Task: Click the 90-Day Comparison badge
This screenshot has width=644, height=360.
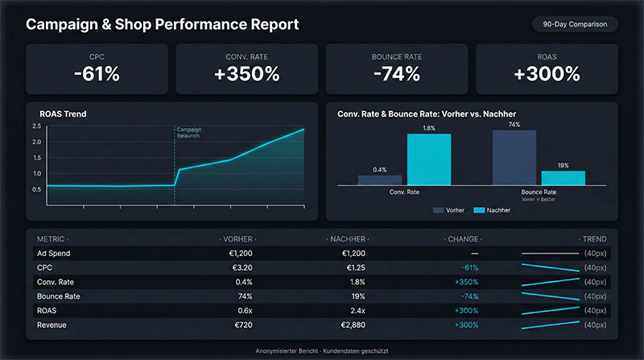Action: (575, 24)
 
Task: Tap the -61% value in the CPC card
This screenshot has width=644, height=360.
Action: (97, 74)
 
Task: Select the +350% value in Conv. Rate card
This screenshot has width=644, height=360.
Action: (246, 74)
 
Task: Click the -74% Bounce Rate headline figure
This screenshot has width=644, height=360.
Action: (395, 74)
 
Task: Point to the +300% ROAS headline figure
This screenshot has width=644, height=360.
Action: (547, 74)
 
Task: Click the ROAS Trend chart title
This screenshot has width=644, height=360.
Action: (63, 114)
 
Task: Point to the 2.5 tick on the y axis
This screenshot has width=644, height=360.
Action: (36, 126)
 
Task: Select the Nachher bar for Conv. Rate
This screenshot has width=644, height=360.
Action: (428, 159)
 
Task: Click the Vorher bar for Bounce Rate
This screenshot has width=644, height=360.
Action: (514, 158)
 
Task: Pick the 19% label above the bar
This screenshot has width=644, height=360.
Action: (563, 165)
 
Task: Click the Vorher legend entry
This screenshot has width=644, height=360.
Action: (449, 209)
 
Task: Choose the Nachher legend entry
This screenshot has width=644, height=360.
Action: (491, 209)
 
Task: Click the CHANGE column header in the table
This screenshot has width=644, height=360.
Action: (463, 239)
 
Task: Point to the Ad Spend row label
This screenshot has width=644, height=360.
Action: (54, 253)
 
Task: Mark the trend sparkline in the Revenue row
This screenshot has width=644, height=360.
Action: (551, 325)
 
